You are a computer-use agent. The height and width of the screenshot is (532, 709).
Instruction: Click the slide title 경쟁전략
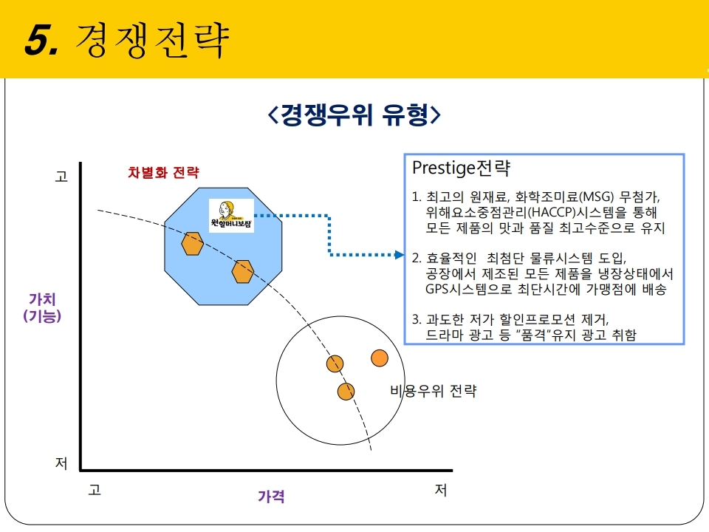coord(152,40)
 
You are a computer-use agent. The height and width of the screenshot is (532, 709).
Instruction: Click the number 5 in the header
coord(38,40)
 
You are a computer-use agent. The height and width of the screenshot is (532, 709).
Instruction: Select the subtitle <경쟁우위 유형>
coord(354,115)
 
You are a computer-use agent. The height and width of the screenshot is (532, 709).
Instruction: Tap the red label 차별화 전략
coord(163,172)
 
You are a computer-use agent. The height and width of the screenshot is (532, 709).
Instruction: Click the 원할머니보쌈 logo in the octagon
coord(231,215)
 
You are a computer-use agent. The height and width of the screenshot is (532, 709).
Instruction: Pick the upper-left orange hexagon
coord(192,244)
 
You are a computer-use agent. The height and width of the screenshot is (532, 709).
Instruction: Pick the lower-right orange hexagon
coord(243,272)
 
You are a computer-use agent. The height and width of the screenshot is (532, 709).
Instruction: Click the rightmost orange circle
coord(380,358)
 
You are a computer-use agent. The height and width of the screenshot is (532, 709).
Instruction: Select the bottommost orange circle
coord(346,392)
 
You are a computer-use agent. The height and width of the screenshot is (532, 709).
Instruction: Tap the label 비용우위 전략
coord(434,390)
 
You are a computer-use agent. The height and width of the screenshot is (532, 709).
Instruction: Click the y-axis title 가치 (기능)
coord(42,307)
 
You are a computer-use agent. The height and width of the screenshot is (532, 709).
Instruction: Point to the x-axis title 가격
coord(271,497)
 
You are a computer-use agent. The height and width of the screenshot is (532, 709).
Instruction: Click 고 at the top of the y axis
coord(61,177)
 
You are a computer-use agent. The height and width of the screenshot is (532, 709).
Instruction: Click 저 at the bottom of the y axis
coord(61,463)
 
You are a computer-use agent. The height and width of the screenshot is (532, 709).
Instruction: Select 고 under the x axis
coord(95,489)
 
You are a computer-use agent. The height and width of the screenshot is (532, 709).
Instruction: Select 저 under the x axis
coord(441,489)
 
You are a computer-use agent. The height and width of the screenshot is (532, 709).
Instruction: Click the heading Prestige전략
coord(461,168)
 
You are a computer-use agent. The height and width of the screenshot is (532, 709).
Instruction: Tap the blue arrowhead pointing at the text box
coord(400,255)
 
